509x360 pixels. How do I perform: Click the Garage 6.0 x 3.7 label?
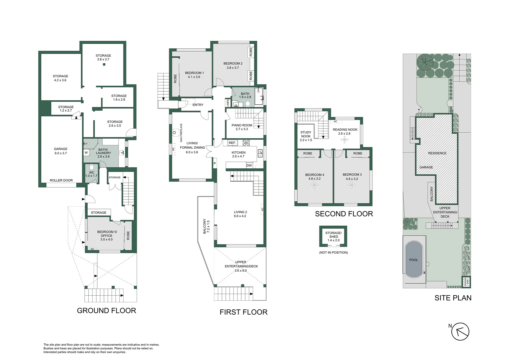61,151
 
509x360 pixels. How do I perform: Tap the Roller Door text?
61,180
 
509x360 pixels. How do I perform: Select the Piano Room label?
242,127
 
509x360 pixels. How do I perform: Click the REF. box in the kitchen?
232,143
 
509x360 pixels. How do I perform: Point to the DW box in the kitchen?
249,165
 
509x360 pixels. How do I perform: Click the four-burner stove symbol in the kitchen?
246,143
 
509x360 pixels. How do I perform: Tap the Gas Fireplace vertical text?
181,133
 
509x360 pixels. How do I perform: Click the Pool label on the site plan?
413,260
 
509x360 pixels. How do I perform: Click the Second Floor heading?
344,214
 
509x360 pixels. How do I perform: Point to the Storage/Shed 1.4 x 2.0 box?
333,236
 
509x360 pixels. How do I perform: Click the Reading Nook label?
345,131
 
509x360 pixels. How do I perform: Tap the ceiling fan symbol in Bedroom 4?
314,185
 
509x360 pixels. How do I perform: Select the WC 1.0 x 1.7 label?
91,174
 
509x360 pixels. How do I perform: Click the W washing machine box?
86,153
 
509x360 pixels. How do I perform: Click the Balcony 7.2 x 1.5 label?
207,226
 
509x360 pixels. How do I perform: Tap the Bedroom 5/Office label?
107,235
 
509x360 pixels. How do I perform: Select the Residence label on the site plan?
437,153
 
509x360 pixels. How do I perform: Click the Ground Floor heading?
106,311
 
